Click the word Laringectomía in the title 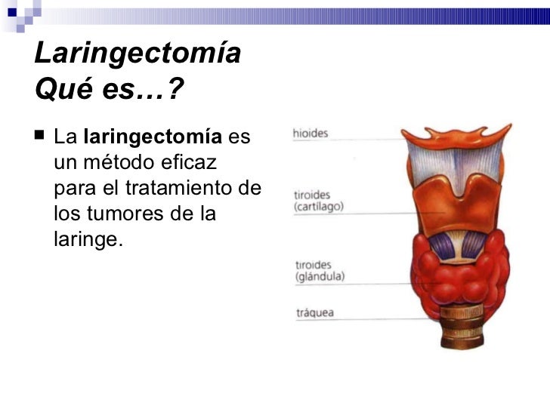point(137,55)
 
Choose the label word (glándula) point(320,276)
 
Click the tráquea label point(314,311)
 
